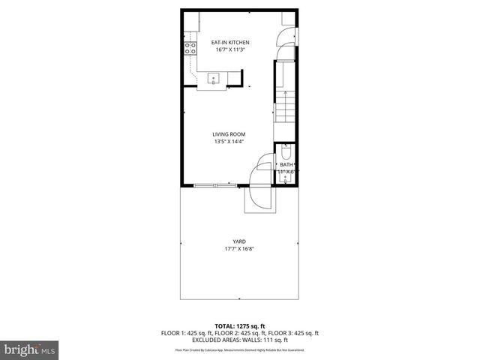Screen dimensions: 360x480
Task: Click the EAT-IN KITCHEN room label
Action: pyautogui.click(x=230, y=42)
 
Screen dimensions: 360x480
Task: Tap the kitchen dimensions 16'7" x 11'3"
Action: pyautogui.click(x=230, y=49)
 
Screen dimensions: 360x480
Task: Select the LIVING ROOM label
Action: pyautogui.click(x=229, y=134)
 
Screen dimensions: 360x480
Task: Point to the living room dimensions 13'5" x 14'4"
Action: pyautogui.click(x=229, y=141)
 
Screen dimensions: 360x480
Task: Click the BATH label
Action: pyautogui.click(x=286, y=164)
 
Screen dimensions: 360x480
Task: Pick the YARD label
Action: pyautogui.click(x=240, y=241)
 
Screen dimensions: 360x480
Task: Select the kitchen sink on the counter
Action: pyautogui.click(x=212, y=78)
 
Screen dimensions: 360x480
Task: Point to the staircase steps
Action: pyautogui.click(x=285, y=109)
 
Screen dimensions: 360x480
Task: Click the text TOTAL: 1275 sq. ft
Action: pyautogui.click(x=240, y=326)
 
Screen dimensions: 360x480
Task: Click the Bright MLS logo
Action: pyautogui.click(x=29, y=349)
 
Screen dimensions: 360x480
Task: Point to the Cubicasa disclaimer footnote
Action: pyautogui.click(x=240, y=350)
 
